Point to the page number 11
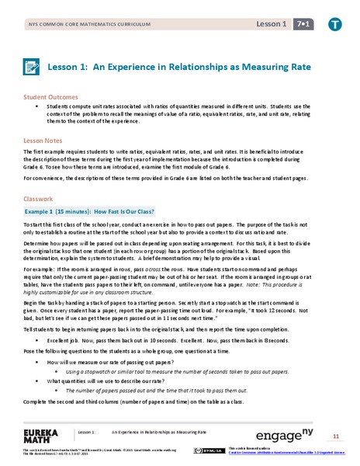(336, 434)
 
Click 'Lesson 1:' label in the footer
(86, 431)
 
